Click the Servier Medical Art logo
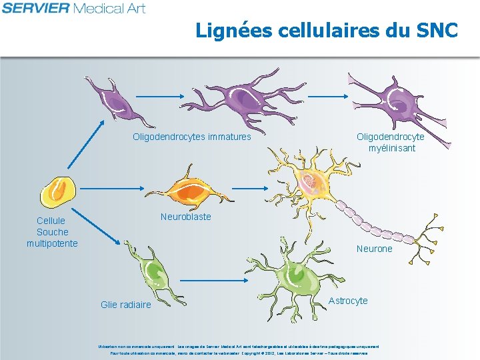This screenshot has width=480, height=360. (x=73, y=8)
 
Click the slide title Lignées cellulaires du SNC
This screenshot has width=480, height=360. (x=327, y=31)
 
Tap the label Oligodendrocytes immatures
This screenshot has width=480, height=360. (x=192, y=137)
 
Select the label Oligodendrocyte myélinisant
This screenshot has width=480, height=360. (x=391, y=142)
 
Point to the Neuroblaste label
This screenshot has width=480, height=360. (x=185, y=217)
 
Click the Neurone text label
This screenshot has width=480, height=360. (x=375, y=249)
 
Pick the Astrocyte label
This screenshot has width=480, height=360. (x=348, y=301)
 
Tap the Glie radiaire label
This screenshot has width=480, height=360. (x=126, y=305)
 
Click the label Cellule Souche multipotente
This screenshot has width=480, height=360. (x=52, y=232)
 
